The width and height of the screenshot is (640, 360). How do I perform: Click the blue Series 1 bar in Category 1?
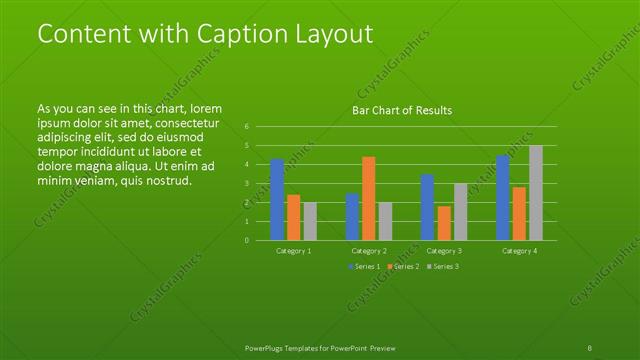277,199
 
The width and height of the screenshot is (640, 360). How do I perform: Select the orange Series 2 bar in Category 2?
369,198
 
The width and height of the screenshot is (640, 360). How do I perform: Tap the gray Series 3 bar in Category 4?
536,192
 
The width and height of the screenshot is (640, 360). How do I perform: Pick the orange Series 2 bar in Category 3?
444,223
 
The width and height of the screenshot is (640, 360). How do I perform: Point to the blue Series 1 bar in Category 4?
503,197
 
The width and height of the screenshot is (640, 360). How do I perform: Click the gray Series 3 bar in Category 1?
309,221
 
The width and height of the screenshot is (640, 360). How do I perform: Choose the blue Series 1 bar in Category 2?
352,216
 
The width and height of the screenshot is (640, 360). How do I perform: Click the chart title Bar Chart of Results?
402,110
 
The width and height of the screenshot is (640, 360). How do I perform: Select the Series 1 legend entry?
362,267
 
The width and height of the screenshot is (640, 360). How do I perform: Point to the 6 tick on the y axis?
246,127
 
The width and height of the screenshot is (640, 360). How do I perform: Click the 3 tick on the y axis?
246,183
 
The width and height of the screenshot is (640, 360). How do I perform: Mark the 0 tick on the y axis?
246,240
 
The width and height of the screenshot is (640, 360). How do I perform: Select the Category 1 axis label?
294,250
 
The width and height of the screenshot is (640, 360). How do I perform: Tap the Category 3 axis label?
444,250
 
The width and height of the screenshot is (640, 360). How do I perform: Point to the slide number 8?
590,346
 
